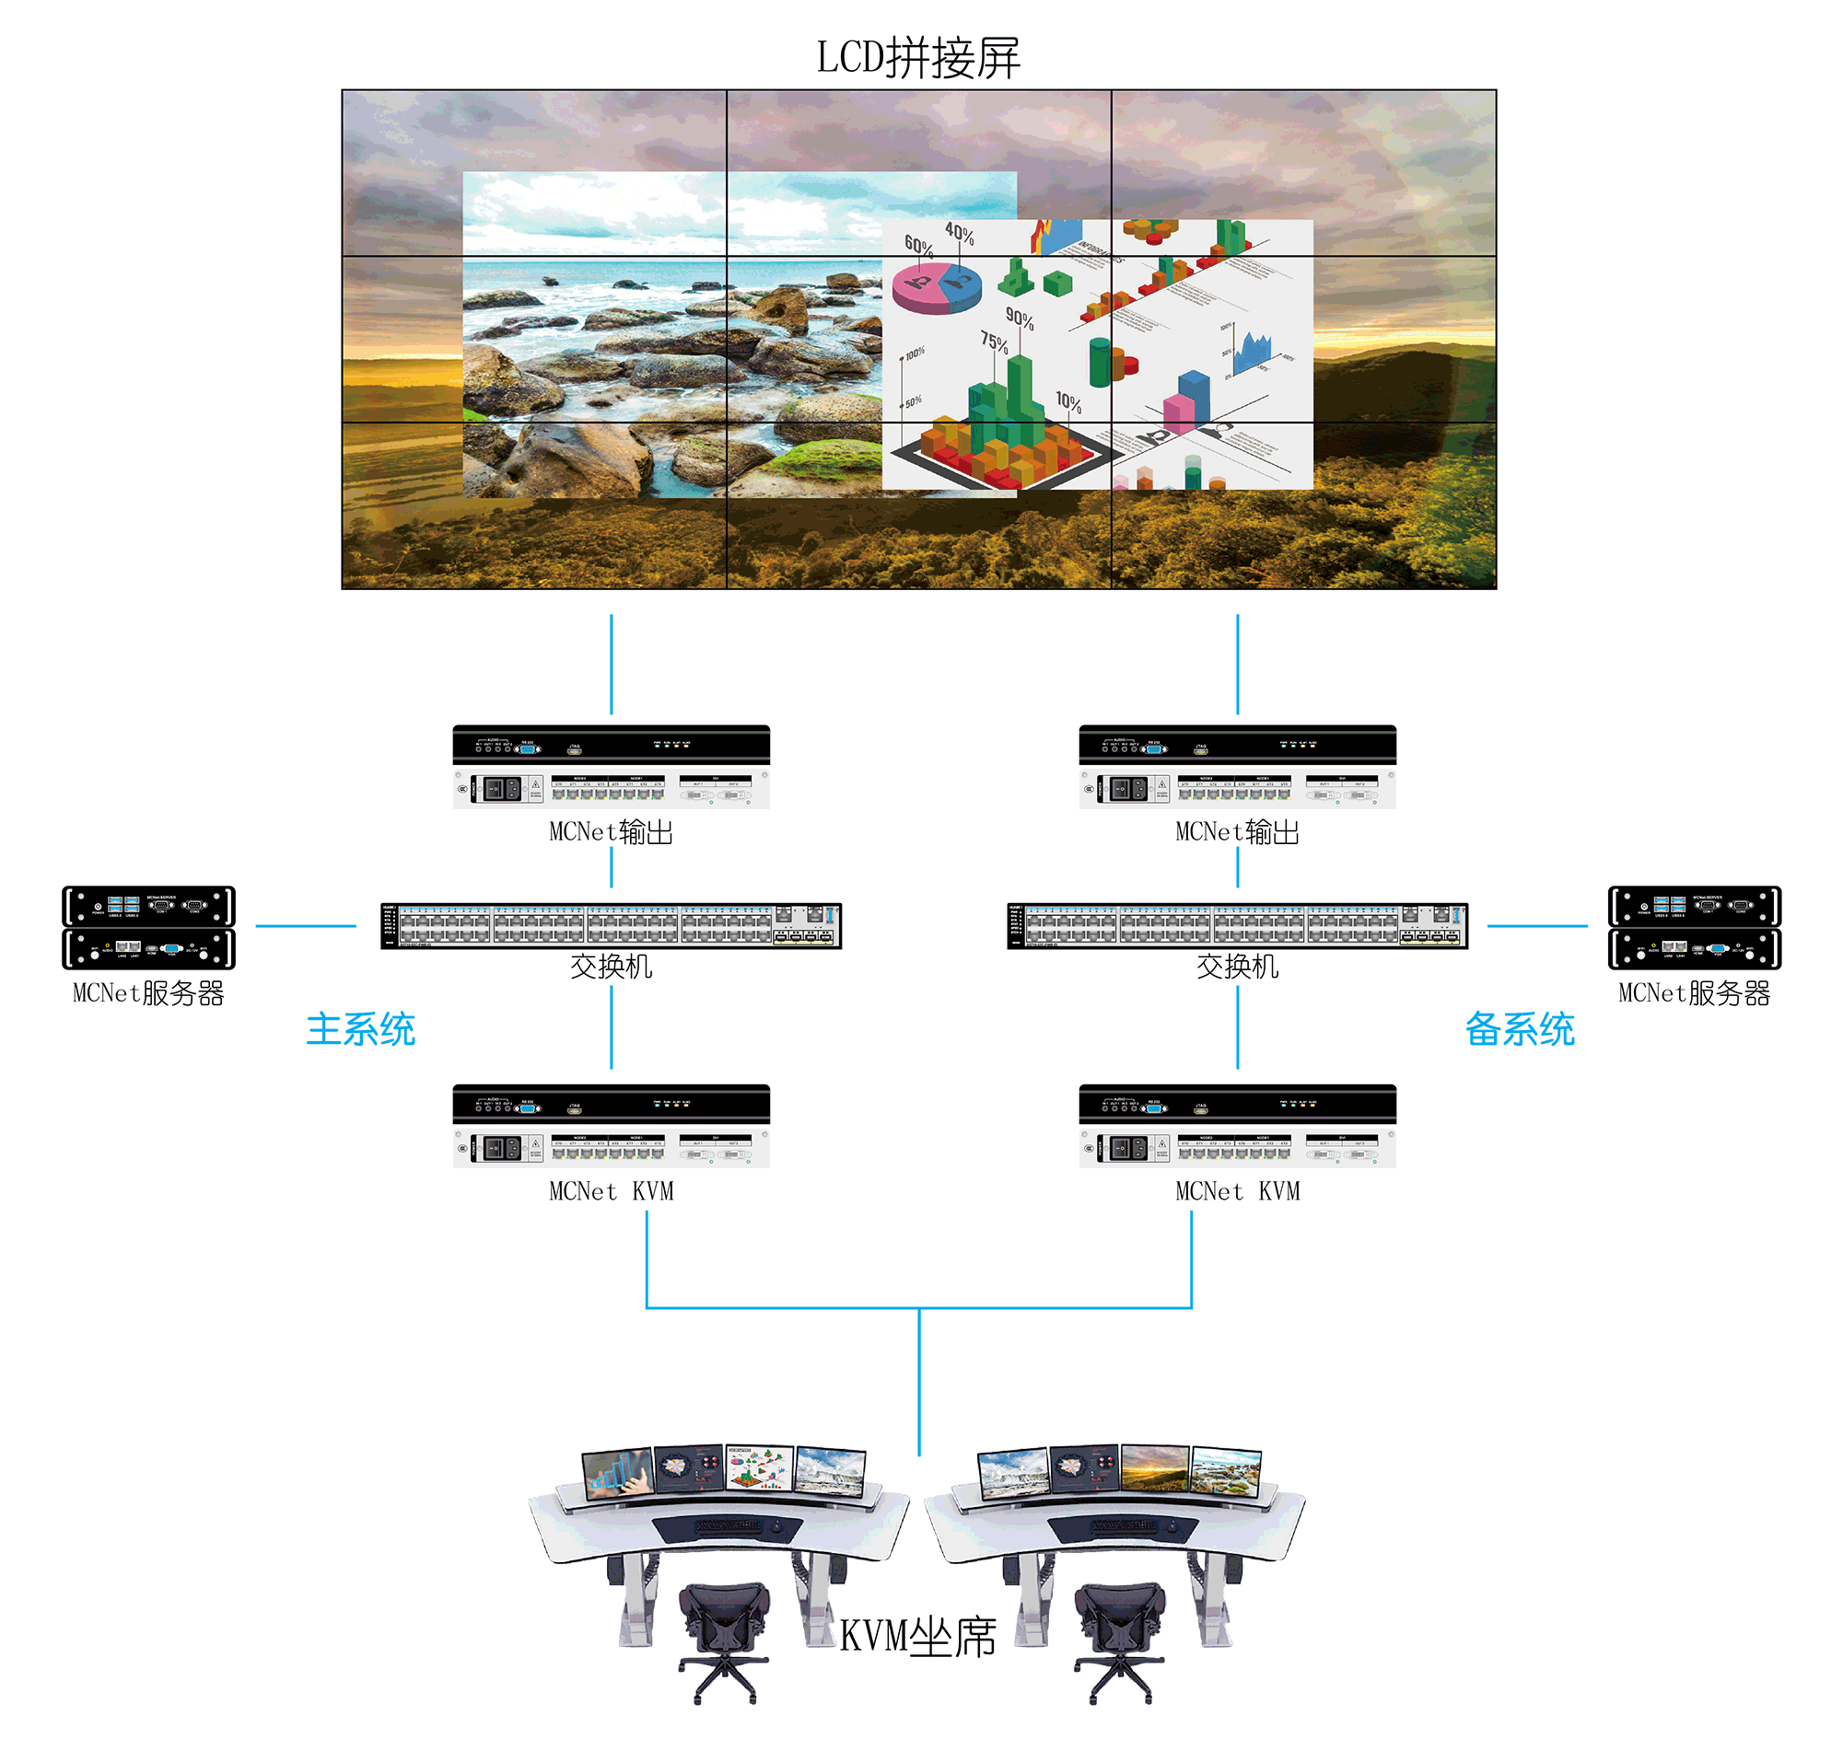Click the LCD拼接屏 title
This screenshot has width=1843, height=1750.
[x=918, y=58]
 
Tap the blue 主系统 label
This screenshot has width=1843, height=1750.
[x=360, y=1030]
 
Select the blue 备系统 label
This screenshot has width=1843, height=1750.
[x=1519, y=1030]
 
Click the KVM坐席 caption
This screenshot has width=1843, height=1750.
[x=918, y=1636]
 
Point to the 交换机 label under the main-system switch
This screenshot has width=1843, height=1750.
[x=612, y=967]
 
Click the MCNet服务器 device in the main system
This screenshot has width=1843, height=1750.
[x=148, y=927]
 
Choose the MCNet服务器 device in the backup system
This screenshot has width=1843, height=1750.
[x=1695, y=927]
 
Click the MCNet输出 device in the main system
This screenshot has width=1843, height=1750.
[x=612, y=767]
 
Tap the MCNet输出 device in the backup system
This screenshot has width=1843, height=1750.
[x=1237, y=767]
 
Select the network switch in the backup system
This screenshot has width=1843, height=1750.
[x=1237, y=925]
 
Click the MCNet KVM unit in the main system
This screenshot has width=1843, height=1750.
[x=612, y=1126]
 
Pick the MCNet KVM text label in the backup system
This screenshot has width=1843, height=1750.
[x=1237, y=1192]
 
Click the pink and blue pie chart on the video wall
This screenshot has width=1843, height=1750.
[x=936, y=286]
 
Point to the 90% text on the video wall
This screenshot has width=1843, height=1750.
[x=1020, y=320]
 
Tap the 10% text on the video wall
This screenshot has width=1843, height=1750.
[x=1069, y=403]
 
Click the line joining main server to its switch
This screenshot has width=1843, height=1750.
[x=305, y=926]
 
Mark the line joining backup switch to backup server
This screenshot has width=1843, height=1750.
[x=1537, y=926]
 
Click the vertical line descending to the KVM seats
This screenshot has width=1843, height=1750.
[x=919, y=1381]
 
